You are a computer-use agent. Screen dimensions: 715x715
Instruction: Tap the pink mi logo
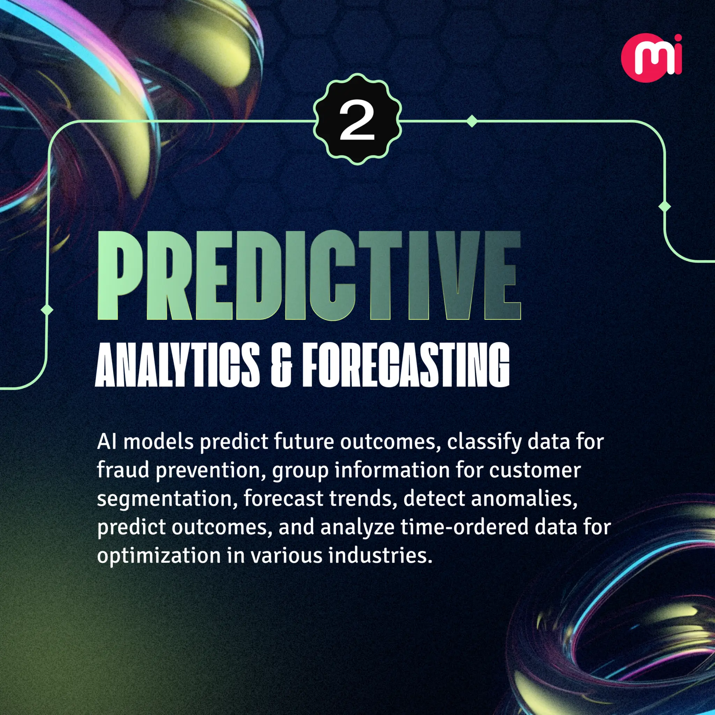(651, 58)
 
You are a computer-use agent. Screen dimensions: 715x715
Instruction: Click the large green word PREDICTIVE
(309, 276)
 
